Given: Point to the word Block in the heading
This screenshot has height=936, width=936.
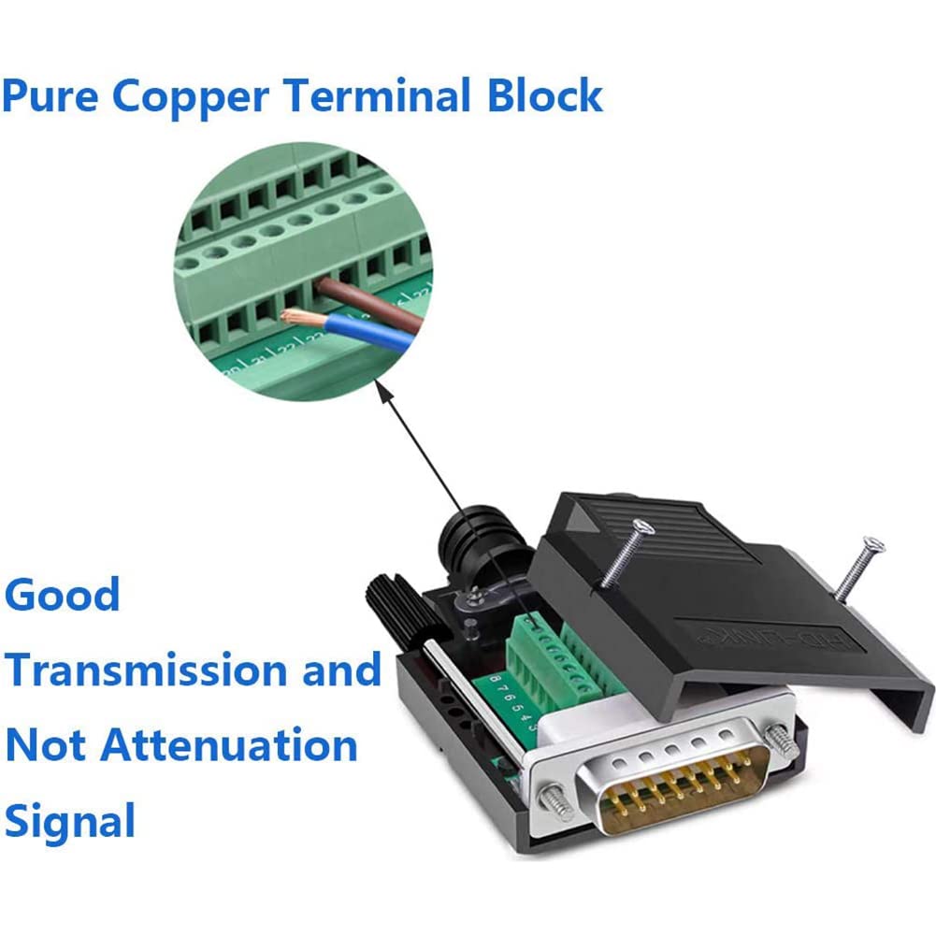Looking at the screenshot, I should pyautogui.click(x=548, y=95).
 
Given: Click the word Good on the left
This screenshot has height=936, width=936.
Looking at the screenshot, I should pyautogui.click(x=63, y=595).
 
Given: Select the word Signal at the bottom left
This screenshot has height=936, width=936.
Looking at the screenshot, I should pyautogui.click(x=71, y=821).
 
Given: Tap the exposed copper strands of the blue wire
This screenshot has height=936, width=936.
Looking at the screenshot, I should pyautogui.click(x=297, y=318).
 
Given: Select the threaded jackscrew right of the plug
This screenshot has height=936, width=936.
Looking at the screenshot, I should pyautogui.click(x=781, y=741).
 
